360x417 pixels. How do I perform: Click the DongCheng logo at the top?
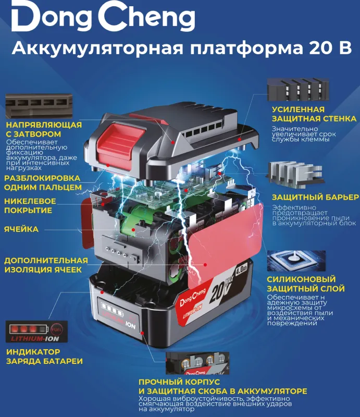tap(103, 19)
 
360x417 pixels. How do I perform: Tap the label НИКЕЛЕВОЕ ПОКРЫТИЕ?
tap(30, 206)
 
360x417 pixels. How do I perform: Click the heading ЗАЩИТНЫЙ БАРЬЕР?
tap(315, 197)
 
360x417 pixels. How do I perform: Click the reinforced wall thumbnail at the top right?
tap(296, 90)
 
